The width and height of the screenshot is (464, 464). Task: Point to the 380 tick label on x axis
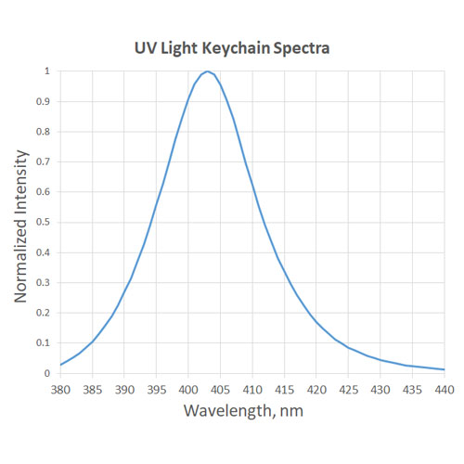click(60, 389)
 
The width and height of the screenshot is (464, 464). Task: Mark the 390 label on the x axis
click(124, 389)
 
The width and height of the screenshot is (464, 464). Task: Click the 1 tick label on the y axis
click(47, 71)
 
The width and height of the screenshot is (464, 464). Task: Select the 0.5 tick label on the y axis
click(44, 222)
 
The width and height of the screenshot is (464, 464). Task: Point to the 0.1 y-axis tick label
click(44, 342)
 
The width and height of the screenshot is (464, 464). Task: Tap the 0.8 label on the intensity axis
click(44, 131)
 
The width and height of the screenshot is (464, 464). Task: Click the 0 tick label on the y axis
click(47, 373)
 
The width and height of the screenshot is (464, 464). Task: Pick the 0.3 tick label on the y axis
click(44, 282)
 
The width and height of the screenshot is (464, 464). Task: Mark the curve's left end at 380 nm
click(60, 365)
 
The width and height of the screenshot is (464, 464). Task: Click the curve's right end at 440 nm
click(445, 369)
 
